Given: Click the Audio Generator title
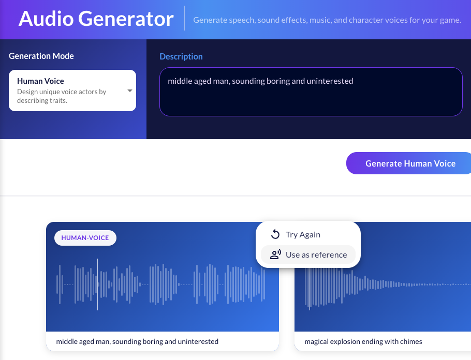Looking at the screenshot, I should point(96,19).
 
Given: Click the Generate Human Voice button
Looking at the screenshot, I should point(410,163).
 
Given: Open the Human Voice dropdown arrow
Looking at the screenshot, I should point(130,91).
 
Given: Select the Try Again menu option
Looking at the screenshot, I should point(303,234).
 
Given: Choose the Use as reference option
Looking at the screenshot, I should point(316,254).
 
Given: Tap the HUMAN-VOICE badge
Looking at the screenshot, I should point(85,238).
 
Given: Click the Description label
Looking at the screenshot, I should point(181,56).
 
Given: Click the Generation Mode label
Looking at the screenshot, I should point(41,56).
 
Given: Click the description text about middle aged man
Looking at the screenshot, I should point(260,81).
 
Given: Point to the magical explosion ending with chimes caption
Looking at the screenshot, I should point(363,341).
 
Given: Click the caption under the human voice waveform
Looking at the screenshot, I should point(137,341).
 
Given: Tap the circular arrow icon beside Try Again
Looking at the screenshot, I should point(275,234).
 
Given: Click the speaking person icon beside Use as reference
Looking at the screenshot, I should point(276,254).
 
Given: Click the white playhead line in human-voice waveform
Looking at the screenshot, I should point(97,284).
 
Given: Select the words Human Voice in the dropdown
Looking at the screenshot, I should point(40,81).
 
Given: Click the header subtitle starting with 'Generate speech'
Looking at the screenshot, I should point(327,20).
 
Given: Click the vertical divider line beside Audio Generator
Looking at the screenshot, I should point(184,18).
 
